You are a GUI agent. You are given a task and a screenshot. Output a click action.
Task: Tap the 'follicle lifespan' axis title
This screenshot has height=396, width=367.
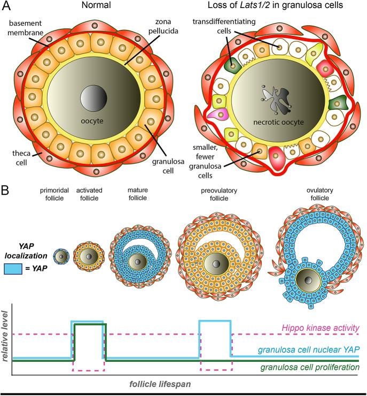pos(160,384)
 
